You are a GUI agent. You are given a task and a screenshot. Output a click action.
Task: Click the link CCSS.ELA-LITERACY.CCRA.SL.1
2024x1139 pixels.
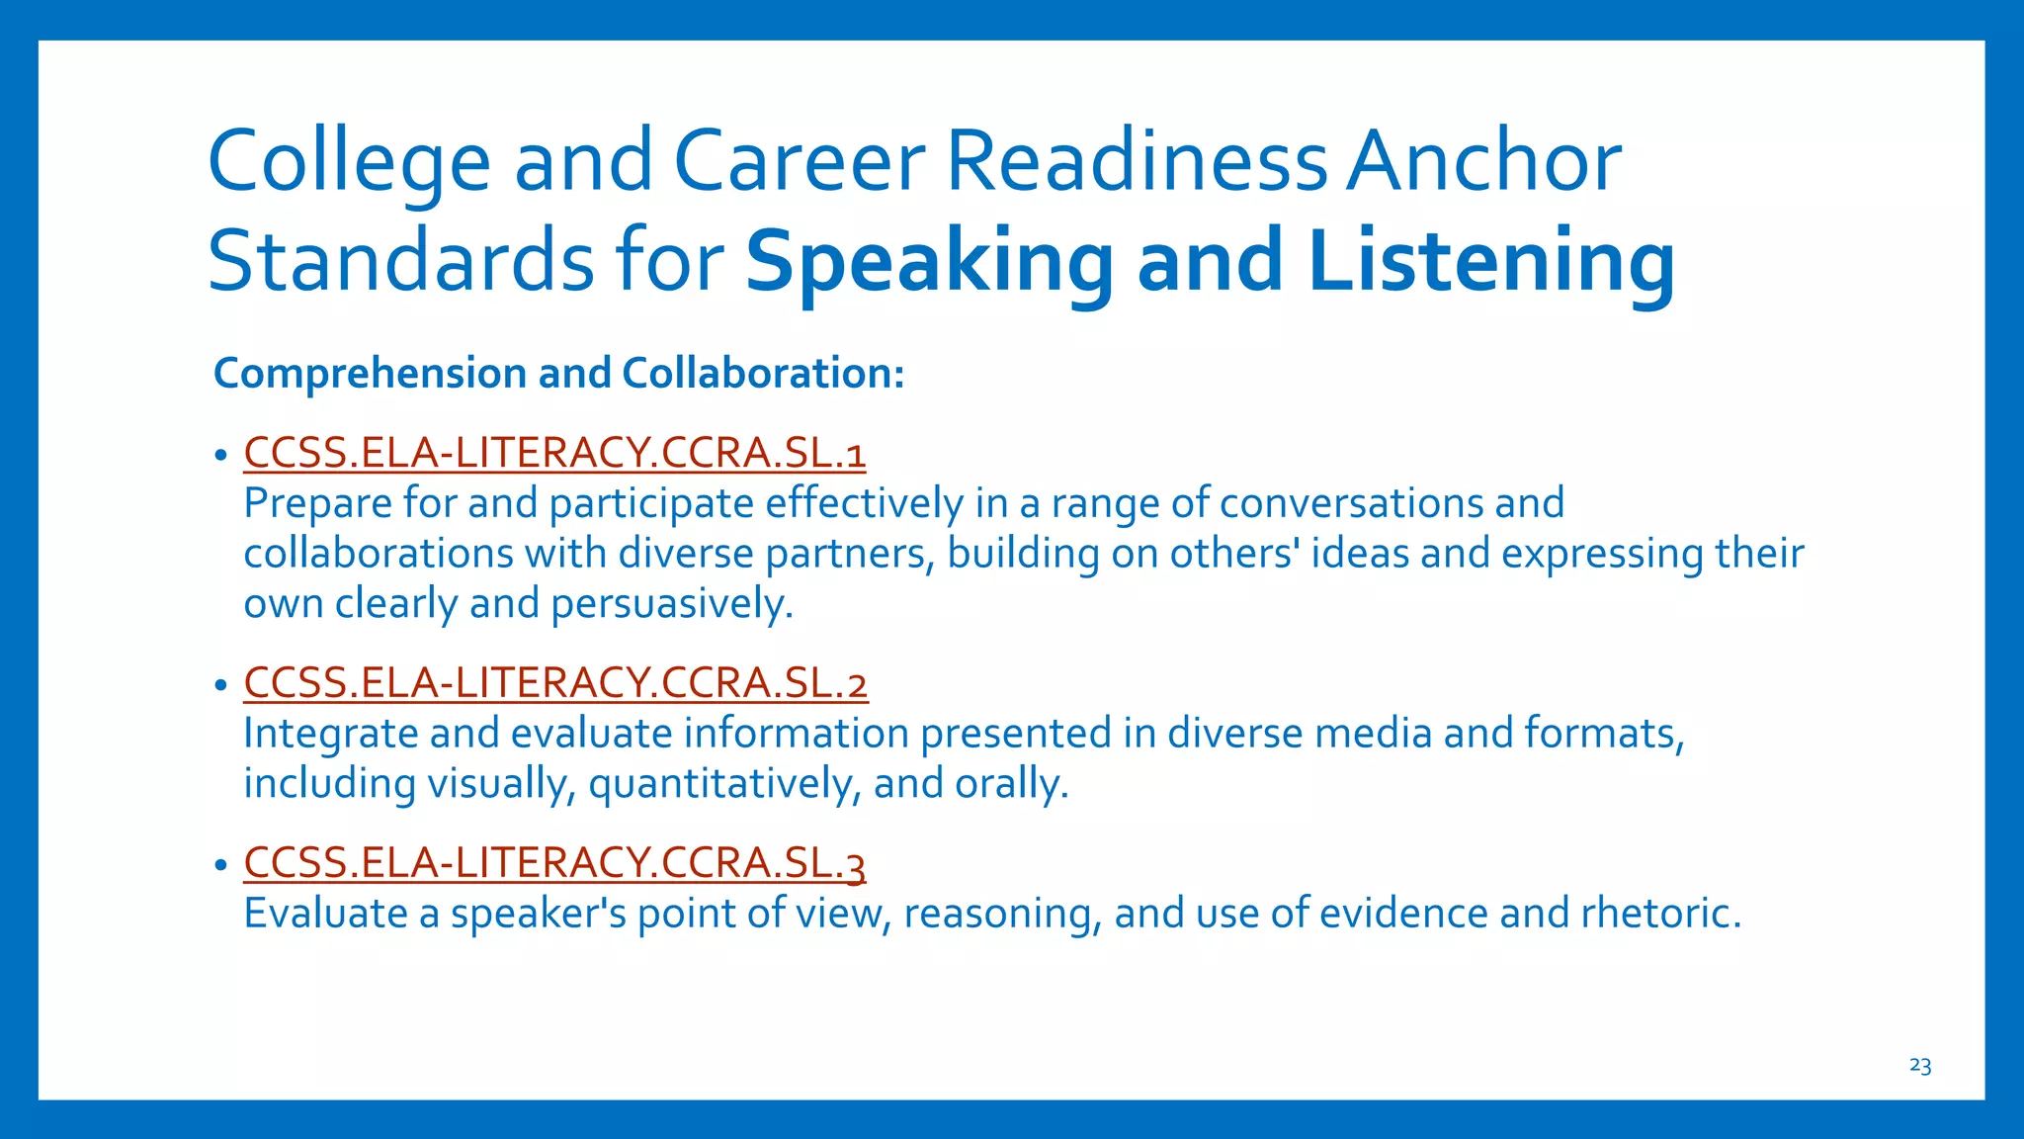coord(554,453)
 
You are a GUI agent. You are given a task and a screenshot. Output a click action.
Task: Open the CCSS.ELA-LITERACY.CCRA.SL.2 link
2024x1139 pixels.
coord(555,683)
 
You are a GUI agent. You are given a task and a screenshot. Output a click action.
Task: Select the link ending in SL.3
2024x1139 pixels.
coord(554,862)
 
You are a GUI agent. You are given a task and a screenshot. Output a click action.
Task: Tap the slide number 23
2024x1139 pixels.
coord(1920,1065)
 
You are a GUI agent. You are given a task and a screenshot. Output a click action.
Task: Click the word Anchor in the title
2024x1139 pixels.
coord(1484,160)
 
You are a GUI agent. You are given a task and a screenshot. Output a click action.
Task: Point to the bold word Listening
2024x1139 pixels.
coord(1491,261)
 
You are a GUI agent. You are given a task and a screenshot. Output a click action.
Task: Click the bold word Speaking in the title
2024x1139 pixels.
coord(928,261)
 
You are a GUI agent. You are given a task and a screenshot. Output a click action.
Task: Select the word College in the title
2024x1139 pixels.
coord(349,162)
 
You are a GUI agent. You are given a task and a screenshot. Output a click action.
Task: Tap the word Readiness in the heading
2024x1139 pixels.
coord(1138,160)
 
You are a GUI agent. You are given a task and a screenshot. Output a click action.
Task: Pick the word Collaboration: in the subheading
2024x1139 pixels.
coord(763,374)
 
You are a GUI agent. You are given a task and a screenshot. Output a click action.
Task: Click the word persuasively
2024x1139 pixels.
coord(672,604)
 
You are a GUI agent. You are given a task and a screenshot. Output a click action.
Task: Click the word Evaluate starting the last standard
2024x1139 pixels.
coord(325,913)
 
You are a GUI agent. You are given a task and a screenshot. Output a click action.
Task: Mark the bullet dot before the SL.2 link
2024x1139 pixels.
coord(220,685)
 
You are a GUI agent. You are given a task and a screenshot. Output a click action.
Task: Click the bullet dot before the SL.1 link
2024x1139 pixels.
coord(220,455)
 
